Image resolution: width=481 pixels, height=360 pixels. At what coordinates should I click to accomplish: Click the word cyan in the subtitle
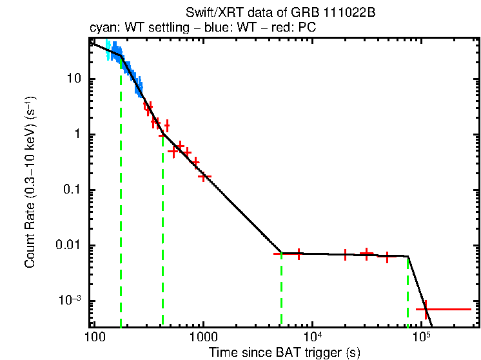click(x=101, y=28)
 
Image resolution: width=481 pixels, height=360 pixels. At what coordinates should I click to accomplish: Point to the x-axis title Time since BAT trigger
click(x=284, y=352)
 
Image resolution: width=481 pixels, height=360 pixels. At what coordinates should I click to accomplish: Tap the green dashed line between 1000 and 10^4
click(x=282, y=290)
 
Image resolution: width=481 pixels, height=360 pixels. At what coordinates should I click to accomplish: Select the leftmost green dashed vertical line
click(x=121, y=194)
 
